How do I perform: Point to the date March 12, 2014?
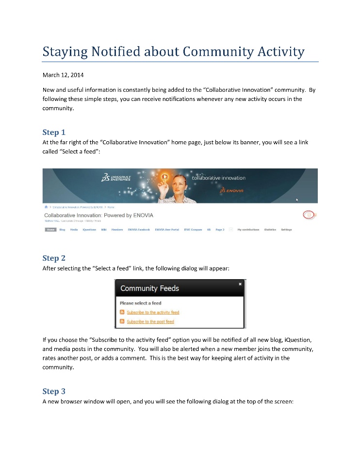tap(63, 75)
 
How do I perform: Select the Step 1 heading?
tap(53, 132)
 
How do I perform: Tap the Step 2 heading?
tap(53, 258)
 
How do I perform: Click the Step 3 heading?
tap(53, 391)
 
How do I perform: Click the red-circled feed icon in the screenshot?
tap(309, 215)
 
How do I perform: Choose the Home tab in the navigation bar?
tap(50, 230)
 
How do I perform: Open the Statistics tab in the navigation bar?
tap(270, 230)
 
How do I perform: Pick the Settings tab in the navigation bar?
tap(286, 230)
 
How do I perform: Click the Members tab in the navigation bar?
tap(117, 230)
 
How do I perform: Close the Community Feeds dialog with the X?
tap(240, 284)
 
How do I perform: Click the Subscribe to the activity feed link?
tap(153, 313)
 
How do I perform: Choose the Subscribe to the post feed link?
tap(150, 322)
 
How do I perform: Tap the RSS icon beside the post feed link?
tap(122, 322)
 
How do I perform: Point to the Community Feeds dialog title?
tap(149, 288)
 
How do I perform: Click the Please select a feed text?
tap(140, 303)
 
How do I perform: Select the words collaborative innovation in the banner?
tap(219, 178)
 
